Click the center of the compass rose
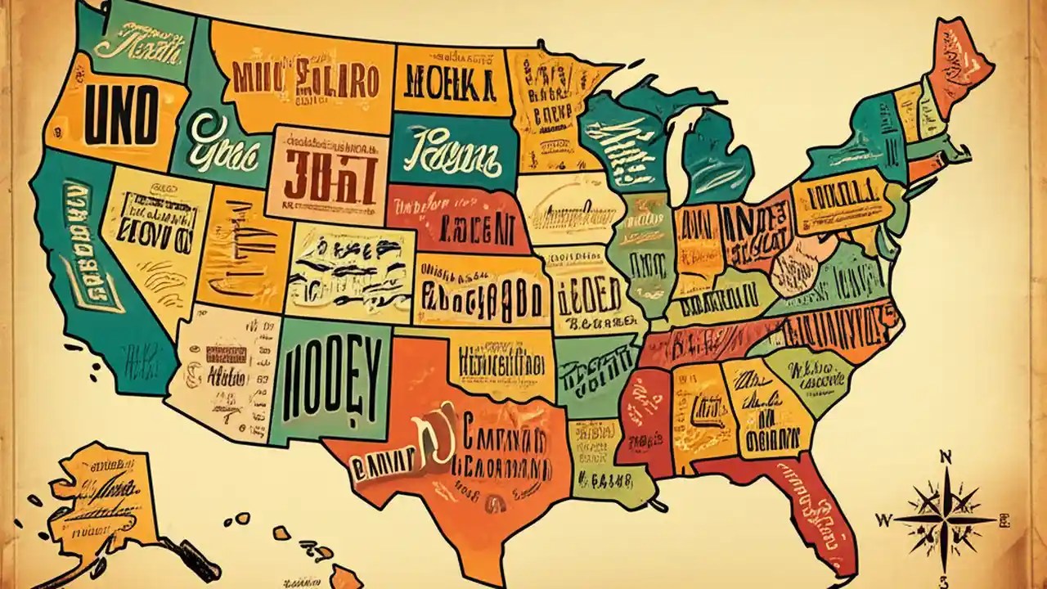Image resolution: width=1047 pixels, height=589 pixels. click(x=946, y=518)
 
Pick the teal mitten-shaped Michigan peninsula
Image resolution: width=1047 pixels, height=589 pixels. click(x=716, y=155)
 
